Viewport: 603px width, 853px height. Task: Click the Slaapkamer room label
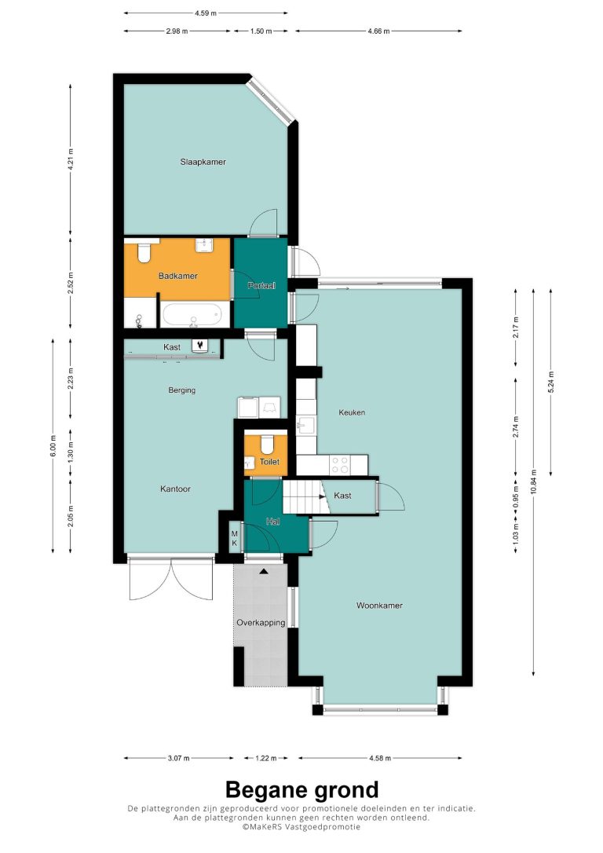click(203, 162)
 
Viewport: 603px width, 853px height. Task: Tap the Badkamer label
click(177, 276)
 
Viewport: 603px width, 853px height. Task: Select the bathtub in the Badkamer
click(191, 315)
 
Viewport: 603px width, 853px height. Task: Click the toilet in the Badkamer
click(144, 252)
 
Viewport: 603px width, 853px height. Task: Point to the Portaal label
click(261, 285)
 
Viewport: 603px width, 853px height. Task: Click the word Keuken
click(352, 412)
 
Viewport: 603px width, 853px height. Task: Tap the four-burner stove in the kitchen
click(341, 465)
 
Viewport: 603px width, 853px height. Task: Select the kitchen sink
click(306, 426)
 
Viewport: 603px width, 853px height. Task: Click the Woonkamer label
click(379, 605)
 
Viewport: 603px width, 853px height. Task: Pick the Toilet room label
click(269, 461)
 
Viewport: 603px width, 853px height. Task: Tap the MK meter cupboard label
click(234, 538)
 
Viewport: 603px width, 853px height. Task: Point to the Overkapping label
click(261, 622)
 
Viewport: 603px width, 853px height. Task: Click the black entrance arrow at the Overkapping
click(265, 571)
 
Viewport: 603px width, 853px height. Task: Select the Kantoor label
click(176, 489)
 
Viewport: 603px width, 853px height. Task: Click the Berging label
click(181, 390)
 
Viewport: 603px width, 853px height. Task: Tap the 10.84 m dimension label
click(534, 482)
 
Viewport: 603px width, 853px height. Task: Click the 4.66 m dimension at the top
click(378, 31)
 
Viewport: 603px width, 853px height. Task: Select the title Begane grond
click(301, 789)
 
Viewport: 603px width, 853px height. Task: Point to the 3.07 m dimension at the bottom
click(178, 758)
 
